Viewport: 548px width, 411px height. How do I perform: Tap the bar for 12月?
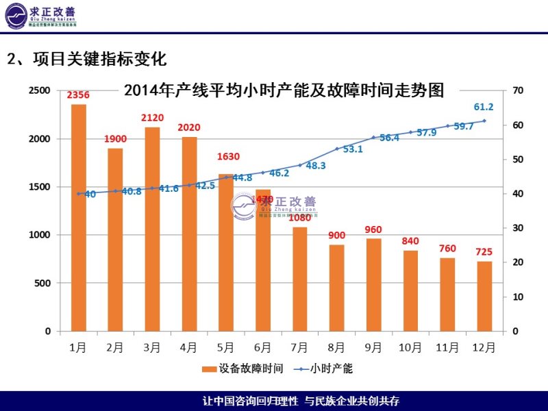484,296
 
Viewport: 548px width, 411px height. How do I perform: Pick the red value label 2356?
78,95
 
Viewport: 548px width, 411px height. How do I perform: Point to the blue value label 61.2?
484,107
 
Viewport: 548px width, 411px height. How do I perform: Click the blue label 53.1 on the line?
353,149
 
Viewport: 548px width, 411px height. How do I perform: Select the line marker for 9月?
374,138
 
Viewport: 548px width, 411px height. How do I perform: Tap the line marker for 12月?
484,121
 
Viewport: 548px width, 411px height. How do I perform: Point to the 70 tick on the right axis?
518,90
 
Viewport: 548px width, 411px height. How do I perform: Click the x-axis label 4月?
189,347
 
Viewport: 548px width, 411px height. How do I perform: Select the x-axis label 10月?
410,347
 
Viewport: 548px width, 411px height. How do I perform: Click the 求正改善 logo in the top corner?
51,15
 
